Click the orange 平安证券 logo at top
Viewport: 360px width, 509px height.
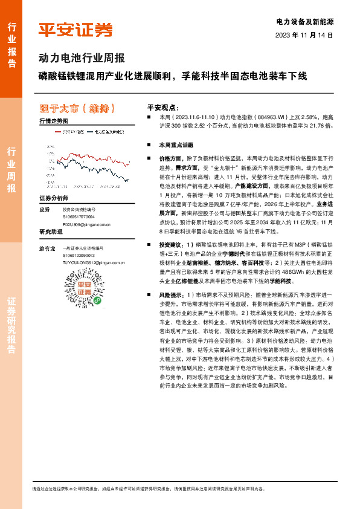pos(76,30)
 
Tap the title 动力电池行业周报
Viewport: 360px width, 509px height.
pos(82,59)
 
